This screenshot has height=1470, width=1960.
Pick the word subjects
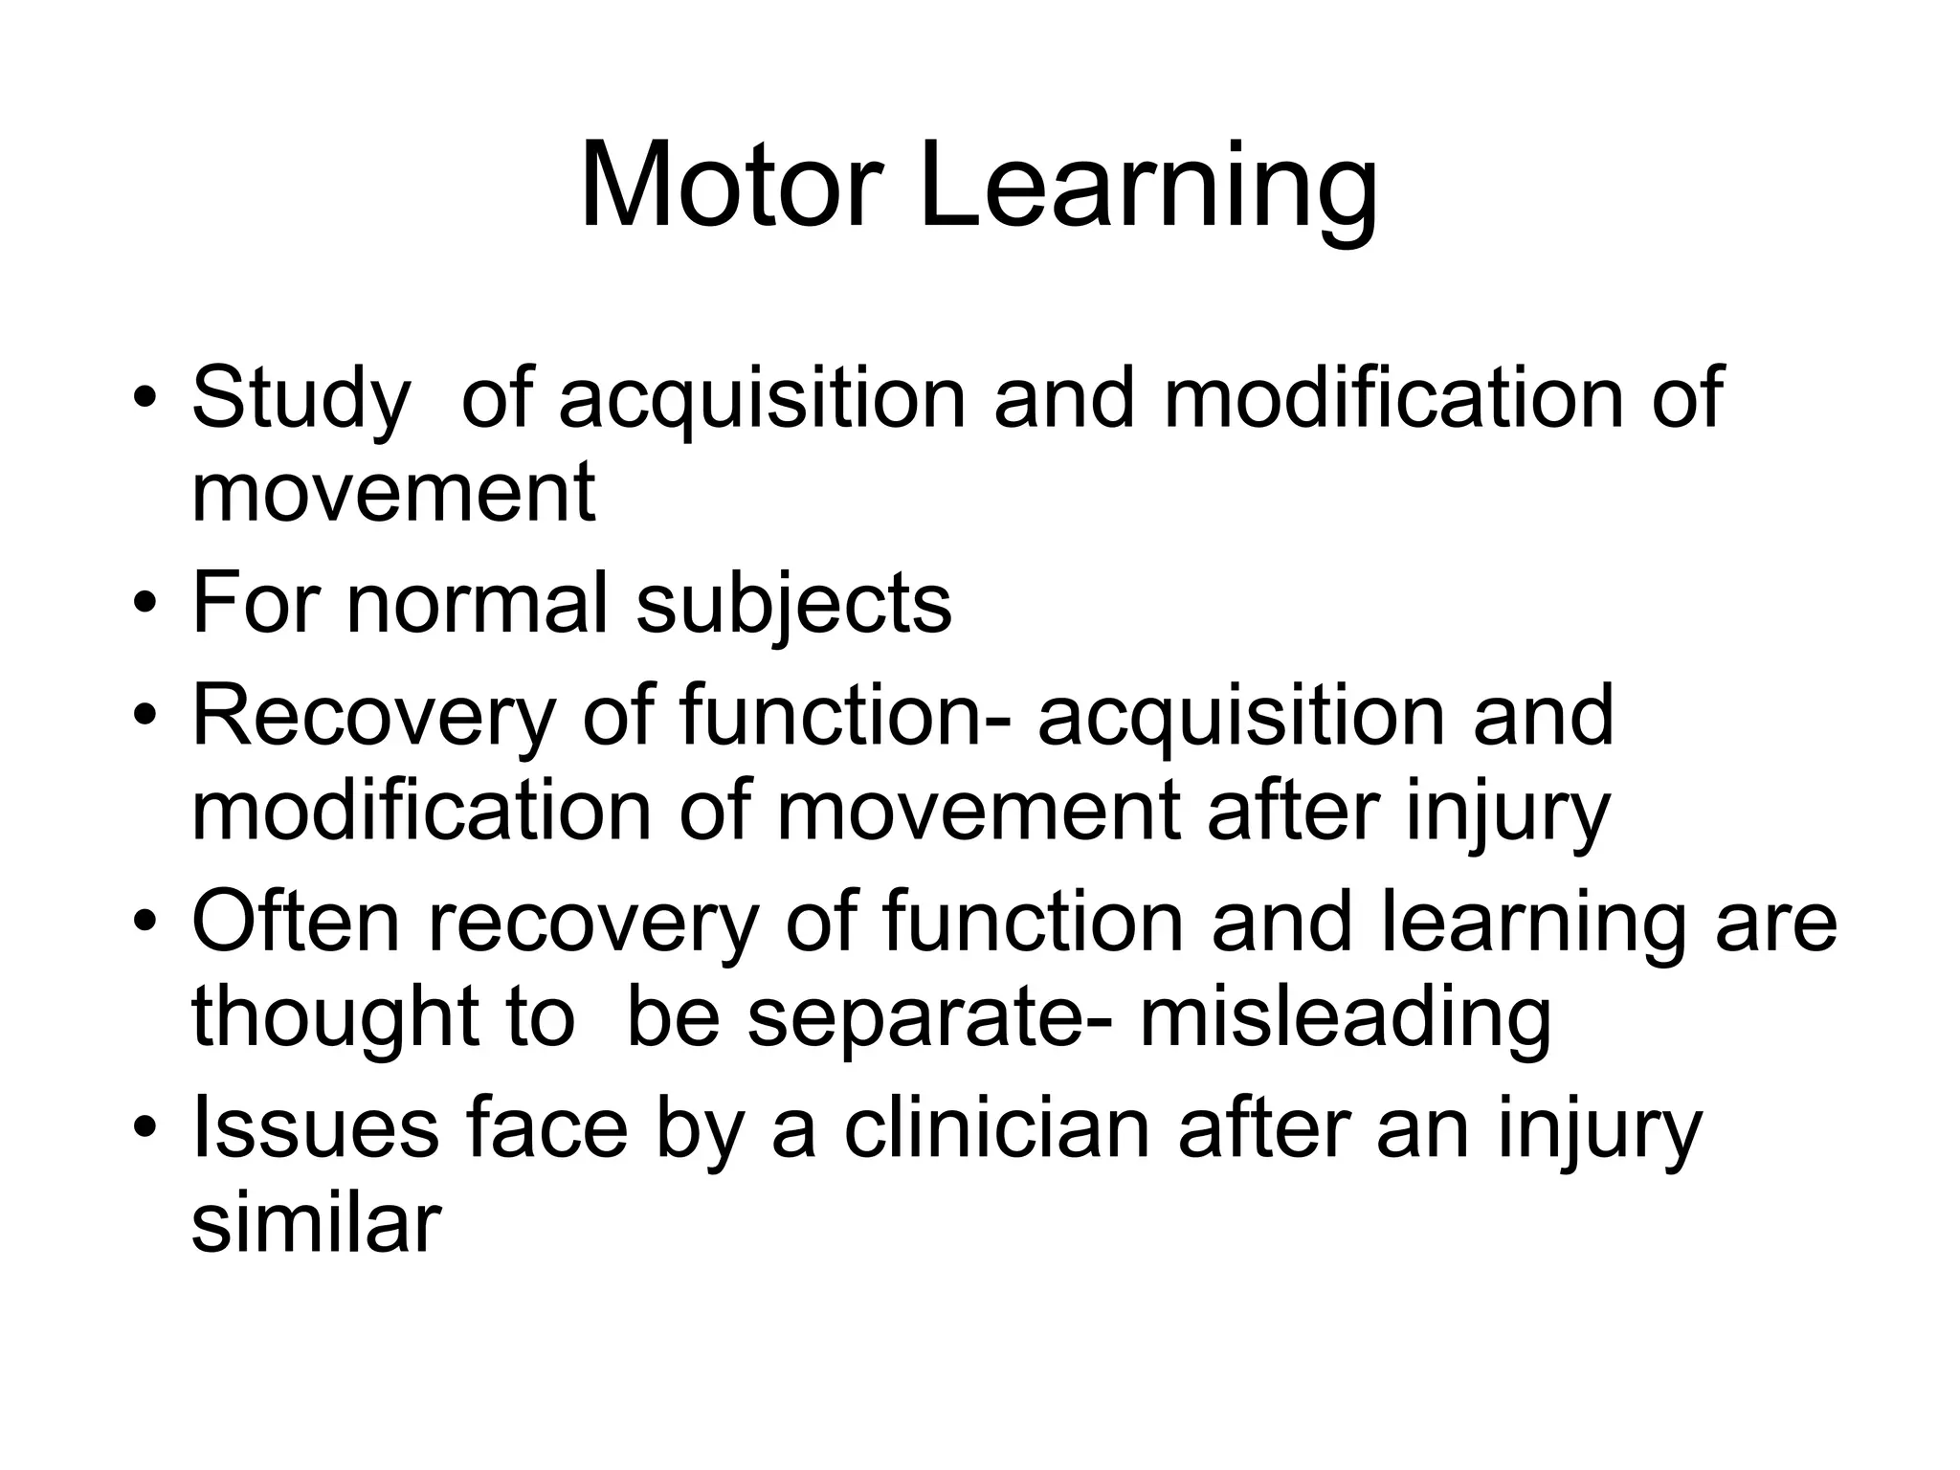coord(793,605)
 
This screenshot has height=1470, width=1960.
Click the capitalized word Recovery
coord(374,717)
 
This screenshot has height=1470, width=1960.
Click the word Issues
coord(315,1130)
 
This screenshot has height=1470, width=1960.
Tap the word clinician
coord(996,1130)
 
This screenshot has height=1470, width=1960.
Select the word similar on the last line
coord(316,1224)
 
